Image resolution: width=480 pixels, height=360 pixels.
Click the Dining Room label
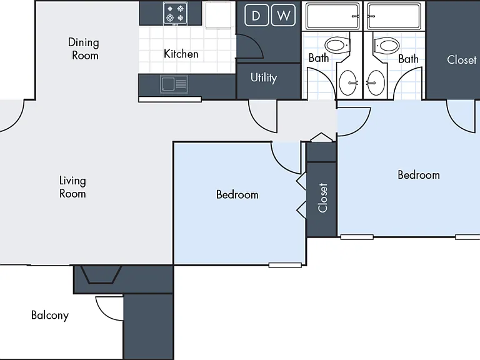[x=84, y=49]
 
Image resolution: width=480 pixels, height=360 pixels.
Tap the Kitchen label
[x=181, y=54]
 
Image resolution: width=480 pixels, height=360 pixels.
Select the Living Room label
[x=72, y=187]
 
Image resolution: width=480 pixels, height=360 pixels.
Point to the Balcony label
[x=50, y=315]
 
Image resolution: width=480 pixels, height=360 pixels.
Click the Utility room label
[x=264, y=77]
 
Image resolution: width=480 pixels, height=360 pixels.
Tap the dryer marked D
[x=256, y=15]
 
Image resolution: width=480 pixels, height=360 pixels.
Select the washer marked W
[x=284, y=15]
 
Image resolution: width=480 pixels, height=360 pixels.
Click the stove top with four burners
[x=175, y=14]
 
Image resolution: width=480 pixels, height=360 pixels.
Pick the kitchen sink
[x=174, y=84]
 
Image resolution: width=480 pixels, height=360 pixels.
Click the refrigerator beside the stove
[x=218, y=16]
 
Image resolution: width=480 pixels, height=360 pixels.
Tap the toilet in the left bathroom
[x=337, y=46]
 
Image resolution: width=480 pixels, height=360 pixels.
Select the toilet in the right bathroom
[x=386, y=46]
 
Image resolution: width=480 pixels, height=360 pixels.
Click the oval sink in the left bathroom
[x=348, y=82]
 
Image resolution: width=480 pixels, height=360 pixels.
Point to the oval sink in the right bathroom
[x=376, y=82]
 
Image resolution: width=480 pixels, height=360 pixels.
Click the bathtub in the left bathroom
[x=332, y=16]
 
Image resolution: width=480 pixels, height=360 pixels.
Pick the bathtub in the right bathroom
[x=394, y=16]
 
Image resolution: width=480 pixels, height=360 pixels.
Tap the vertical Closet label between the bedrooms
[x=323, y=197]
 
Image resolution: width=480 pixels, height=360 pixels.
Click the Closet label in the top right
[x=462, y=60]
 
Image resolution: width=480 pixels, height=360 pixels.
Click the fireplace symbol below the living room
[x=101, y=274]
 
